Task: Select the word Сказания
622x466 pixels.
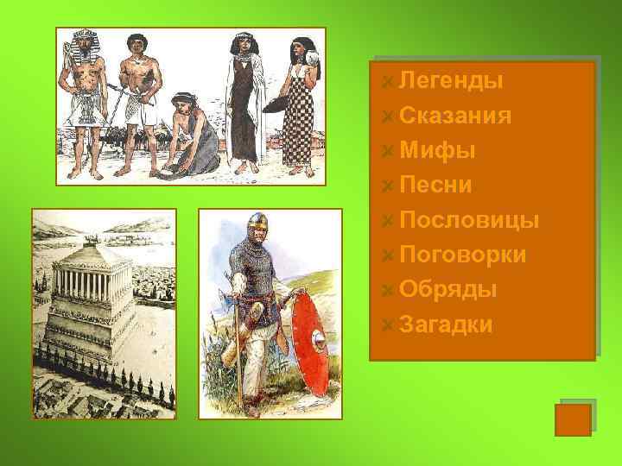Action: coord(455,116)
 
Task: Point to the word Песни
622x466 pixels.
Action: coord(435,185)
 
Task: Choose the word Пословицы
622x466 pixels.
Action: coord(470,220)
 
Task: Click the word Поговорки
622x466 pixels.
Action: coord(463,255)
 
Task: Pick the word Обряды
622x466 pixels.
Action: coord(447,289)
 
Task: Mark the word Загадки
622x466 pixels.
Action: coord(446,324)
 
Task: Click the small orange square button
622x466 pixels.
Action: coord(572,419)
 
